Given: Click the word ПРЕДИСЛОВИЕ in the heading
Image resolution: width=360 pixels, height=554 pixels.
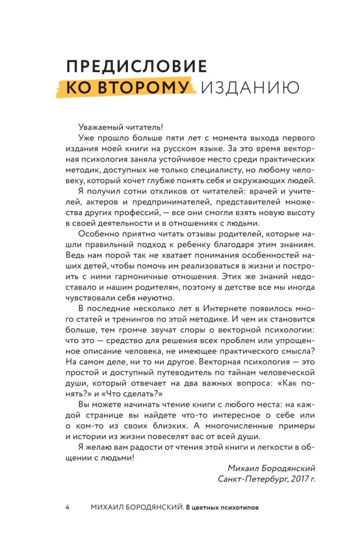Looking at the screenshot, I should click(x=136, y=67).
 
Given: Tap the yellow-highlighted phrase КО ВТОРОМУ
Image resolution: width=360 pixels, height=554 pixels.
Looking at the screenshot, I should click(x=128, y=88).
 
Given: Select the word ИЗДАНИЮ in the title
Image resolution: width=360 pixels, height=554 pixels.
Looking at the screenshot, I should click(x=250, y=88).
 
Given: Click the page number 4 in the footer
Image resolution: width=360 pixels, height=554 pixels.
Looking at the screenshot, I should click(x=67, y=506).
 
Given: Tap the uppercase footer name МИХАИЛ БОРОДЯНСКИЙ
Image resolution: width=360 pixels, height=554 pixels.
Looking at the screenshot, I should click(x=135, y=506).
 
